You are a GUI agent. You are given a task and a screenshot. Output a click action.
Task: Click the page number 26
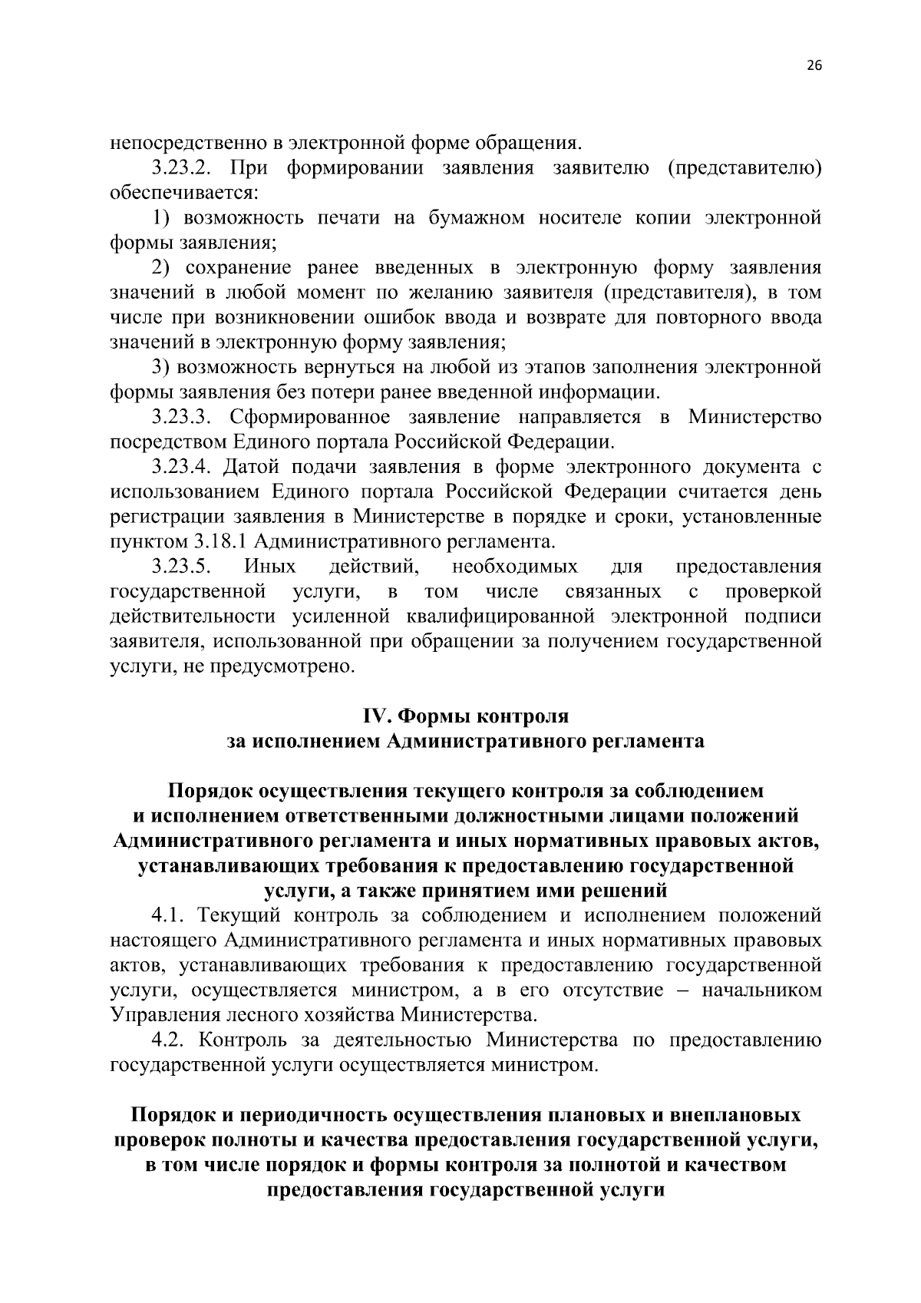814,66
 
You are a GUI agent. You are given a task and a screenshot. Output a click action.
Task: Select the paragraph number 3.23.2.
181,167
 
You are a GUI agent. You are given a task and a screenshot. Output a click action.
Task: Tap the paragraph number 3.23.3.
181,417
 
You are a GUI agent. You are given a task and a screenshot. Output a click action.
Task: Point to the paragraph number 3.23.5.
181,567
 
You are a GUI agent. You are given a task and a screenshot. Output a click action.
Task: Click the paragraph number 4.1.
168,915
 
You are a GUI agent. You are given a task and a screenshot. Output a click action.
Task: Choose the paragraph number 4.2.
168,1040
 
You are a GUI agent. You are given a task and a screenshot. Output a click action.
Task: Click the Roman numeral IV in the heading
376,716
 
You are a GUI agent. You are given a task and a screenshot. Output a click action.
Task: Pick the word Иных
270,567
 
